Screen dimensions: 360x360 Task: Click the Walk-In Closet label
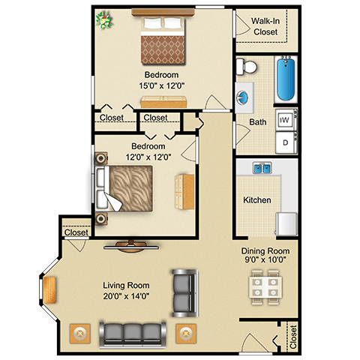(265, 26)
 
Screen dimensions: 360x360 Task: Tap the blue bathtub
(286, 79)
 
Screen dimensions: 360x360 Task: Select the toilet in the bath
(247, 66)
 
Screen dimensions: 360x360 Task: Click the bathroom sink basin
(242, 97)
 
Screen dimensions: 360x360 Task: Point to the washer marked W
(286, 120)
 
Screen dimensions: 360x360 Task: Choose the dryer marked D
(286, 142)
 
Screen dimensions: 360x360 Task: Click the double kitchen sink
(262, 168)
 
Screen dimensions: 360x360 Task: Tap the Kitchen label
(257, 200)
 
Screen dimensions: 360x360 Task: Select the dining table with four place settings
(265, 287)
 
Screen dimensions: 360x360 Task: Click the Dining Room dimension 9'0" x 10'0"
(265, 259)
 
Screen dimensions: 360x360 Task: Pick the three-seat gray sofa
(133, 335)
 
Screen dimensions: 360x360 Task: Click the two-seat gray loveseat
(185, 293)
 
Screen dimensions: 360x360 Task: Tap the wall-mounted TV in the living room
(131, 247)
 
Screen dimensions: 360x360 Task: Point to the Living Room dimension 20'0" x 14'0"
(126, 296)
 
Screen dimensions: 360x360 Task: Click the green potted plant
(103, 20)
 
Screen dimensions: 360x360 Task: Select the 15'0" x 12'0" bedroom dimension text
(162, 85)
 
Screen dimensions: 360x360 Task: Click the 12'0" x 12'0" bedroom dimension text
(148, 157)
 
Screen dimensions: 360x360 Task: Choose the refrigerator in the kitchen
(286, 223)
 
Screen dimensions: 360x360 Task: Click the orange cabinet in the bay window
(49, 290)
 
